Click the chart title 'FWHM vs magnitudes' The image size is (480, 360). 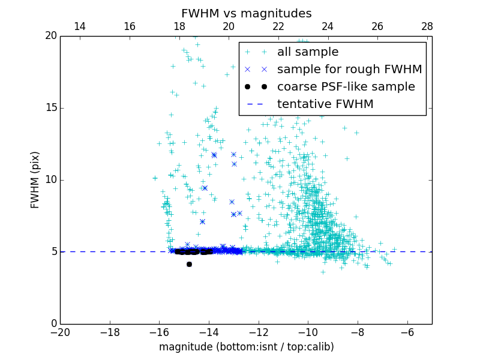246,13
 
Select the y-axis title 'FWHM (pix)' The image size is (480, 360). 35,180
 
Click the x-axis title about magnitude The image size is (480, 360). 246,347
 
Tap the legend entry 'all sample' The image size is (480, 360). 307,52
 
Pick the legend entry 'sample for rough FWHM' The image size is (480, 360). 349,70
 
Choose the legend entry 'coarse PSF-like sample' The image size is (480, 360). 346,87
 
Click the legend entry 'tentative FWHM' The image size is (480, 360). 325,104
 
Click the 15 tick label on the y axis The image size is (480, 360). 50,108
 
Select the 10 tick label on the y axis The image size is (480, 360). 50,180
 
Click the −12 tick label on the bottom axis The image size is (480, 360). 258,332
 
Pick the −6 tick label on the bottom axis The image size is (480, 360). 407,332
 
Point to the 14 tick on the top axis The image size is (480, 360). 80,26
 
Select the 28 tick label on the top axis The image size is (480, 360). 427,26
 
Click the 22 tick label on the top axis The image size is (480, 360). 278,26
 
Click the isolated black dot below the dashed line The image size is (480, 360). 189,264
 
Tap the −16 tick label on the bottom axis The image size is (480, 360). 159,332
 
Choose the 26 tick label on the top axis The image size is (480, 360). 377,26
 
